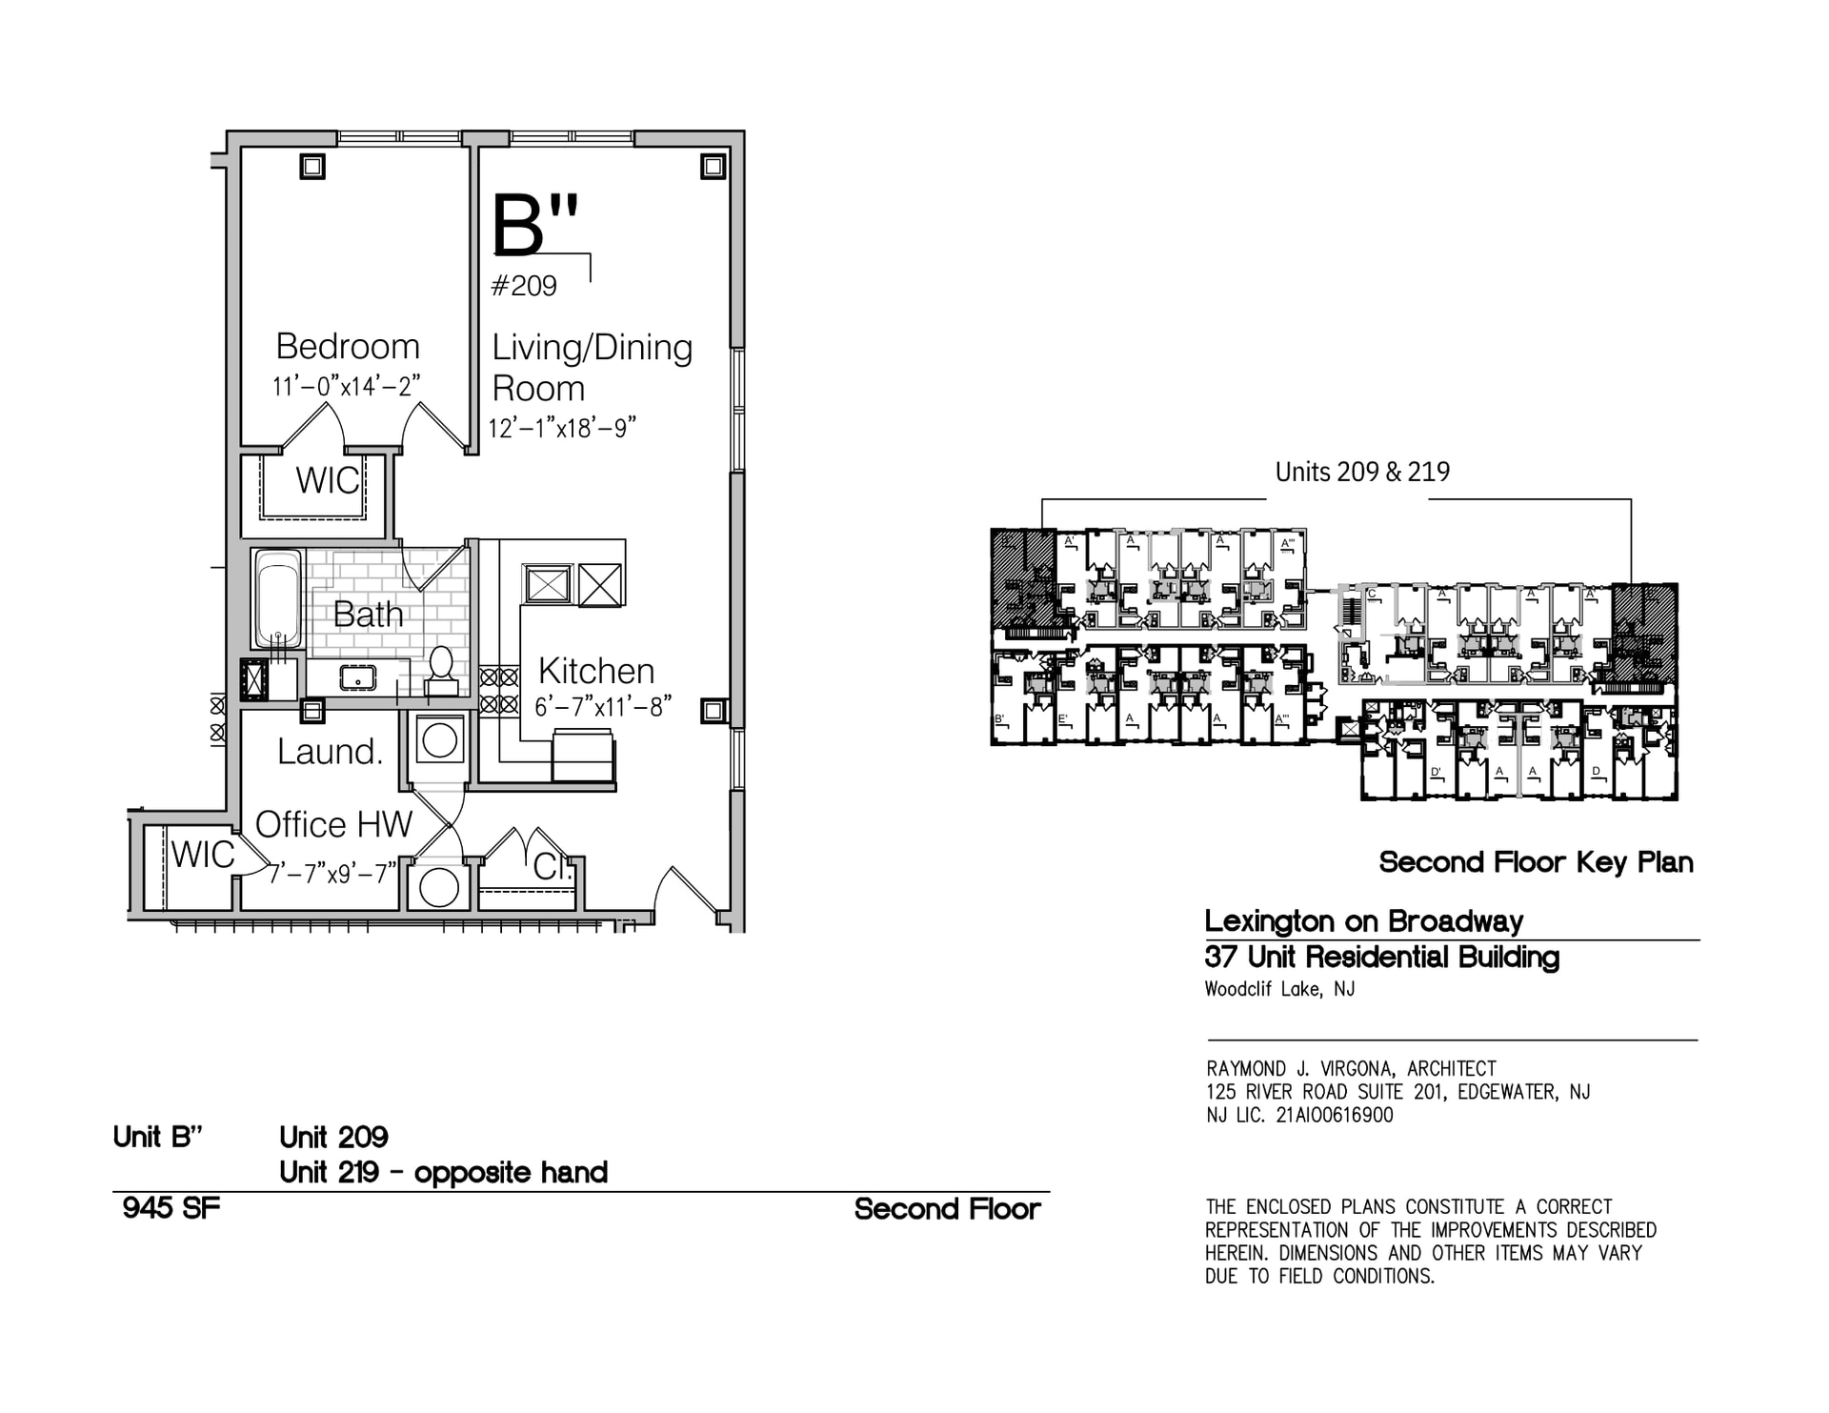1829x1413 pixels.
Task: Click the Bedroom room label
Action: [x=347, y=346]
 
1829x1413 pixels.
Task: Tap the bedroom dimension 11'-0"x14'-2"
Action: [x=346, y=386]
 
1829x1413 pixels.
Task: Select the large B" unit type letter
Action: [x=533, y=226]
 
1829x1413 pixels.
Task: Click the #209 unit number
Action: [x=523, y=286]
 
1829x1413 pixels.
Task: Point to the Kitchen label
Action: [x=595, y=671]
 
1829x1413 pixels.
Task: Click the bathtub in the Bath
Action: [x=278, y=598]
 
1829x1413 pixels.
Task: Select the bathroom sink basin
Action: [x=357, y=677]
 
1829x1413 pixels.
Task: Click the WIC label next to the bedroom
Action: [x=327, y=480]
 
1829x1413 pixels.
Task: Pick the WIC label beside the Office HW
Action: [x=202, y=855]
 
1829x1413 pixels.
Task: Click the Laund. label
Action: [x=330, y=752]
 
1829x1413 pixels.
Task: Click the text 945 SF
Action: [x=171, y=1208]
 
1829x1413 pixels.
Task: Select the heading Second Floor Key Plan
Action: [x=1536, y=862]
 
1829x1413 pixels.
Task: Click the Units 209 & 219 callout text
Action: [x=1361, y=472]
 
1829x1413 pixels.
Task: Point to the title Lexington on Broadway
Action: [x=1363, y=921]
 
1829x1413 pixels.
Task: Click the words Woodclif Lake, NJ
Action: [x=1278, y=989]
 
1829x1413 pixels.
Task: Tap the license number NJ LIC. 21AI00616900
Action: [x=1298, y=1115]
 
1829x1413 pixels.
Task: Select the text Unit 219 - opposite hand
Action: [x=443, y=1172]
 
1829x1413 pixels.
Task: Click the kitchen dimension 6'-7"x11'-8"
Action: [x=602, y=707]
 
